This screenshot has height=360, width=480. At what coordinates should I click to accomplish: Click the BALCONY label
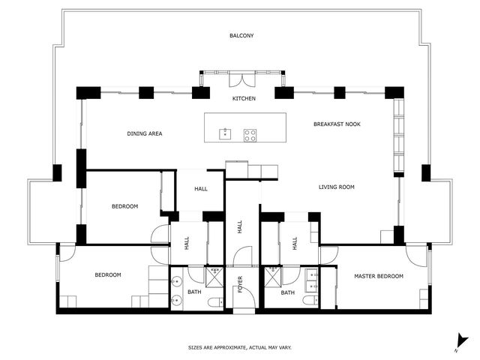pyautogui.click(x=241, y=35)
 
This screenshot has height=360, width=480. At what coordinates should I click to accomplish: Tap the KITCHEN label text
pyautogui.click(x=244, y=98)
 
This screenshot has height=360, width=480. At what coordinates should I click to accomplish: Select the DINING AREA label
pyautogui.click(x=145, y=133)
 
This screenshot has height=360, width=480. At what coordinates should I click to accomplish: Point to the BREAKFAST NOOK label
pyautogui.click(x=337, y=124)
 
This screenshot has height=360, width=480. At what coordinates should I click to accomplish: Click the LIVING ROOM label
pyautogui.click(x=337, y=187)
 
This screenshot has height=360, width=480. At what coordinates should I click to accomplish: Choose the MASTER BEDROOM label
pyautogui.click(x=379, y=276)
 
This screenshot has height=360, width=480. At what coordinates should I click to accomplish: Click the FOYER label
pyautogui.click(x=240, y=284)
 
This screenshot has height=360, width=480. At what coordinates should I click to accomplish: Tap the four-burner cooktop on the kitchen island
pyautogui.click(x=250, y=135)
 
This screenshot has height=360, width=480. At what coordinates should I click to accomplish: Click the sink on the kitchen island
pyautogui.click(x=225, y=134)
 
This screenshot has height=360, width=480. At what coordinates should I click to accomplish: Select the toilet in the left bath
pyautogui.click(x=215, y=302)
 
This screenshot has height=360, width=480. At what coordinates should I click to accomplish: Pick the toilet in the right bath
pyautogui.click(x=310, y=300)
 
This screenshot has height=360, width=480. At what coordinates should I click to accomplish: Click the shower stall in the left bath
pyautogui.click(x=214, y=277)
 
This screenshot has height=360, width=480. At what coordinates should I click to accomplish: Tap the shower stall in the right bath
pyautogui.click(x=273, y=277)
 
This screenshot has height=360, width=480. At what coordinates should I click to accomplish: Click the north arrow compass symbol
pyautogui.click(x=461, y=342)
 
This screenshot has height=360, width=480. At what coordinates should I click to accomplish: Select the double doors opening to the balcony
pyautogui.click(x=241, y=80)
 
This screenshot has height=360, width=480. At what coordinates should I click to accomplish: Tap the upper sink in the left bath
pyautogui.click(x=177, y=281)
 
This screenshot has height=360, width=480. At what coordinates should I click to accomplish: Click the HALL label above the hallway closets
pyautogui.click(x=201, y=189)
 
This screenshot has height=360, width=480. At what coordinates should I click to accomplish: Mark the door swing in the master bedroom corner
pyautogui.click(x=416, y=256)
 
